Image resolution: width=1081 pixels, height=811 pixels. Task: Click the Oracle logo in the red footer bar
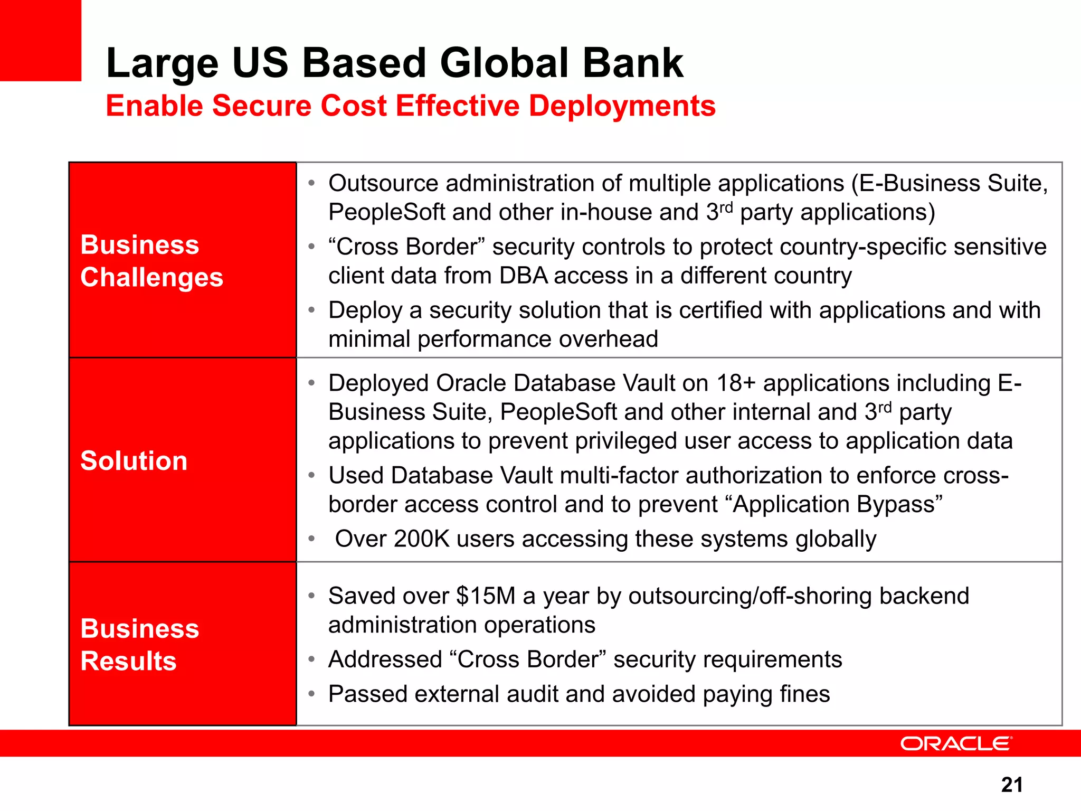956,743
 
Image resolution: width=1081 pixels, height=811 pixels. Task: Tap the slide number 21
1011,785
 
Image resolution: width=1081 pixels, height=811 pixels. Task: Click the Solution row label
134,460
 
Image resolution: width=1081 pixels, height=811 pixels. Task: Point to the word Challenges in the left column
152,278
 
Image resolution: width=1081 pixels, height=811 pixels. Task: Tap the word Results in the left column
128,661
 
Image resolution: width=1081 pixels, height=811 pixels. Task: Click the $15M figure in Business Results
486,596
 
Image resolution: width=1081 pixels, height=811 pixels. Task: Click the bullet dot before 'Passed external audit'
312,694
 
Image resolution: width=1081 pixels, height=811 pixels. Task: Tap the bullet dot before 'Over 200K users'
312,539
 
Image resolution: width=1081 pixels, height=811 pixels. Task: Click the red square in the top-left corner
40,40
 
